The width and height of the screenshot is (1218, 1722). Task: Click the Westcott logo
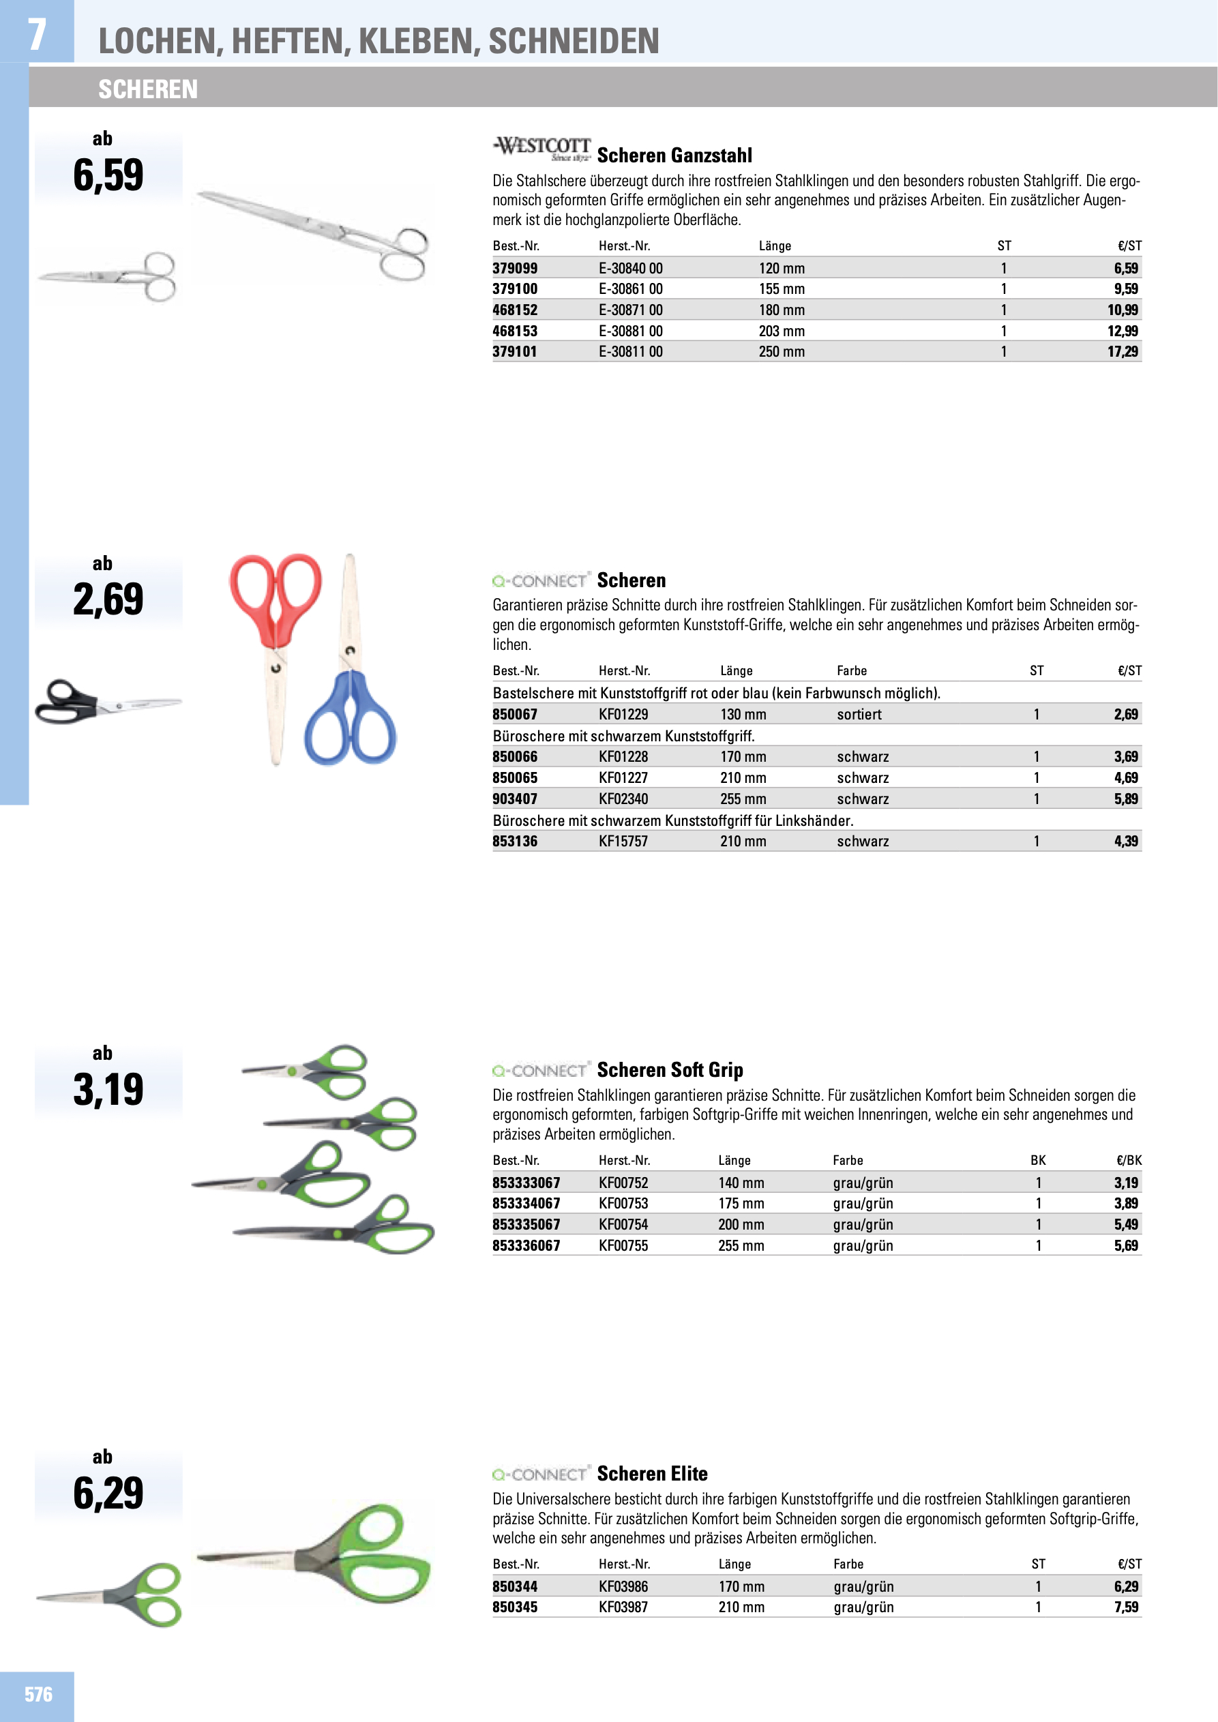point(541,149)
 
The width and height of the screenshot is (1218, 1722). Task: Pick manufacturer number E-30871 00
point(630,310)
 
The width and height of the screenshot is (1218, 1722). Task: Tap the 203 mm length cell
point(781,331)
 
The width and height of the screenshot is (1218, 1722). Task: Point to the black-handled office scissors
point(105,702)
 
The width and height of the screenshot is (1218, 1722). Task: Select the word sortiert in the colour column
point(859,715)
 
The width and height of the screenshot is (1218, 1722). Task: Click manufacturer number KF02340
point(623,799)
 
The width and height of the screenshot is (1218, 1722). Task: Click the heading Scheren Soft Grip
point(670,1070)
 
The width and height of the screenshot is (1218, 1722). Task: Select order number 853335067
point(526,1225)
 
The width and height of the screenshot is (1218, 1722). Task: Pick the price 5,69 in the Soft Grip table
point(1125,1246)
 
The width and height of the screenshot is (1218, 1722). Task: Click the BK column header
point(1037,1161)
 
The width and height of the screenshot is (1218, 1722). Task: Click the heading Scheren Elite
point(652,1474)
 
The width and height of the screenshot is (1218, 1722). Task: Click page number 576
point(38,1695)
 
